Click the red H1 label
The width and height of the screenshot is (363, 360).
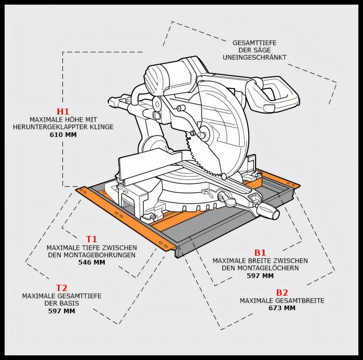[63, 112]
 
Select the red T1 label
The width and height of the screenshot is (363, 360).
[91, 239]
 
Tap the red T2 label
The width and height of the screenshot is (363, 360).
[62, 288]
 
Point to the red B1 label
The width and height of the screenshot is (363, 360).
[260, 252]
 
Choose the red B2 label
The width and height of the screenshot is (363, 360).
[282, 292]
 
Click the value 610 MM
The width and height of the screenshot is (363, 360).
[63, 135]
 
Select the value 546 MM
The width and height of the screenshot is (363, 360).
[92, 262]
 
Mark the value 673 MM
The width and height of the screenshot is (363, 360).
[282, 308]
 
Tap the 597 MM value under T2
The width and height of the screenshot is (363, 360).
[62, 311]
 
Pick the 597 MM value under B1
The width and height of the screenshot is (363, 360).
[260, 276]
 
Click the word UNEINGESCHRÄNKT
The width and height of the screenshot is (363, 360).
[255, 57]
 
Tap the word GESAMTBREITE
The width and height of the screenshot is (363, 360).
[300, 300]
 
